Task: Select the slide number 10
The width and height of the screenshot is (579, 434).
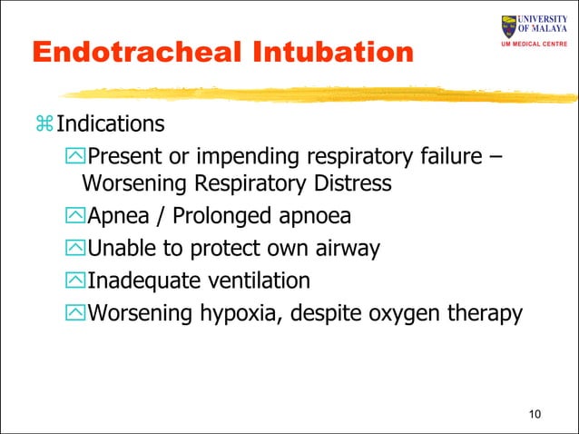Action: [x=534, y=416]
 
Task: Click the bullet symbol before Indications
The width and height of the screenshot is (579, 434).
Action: [x=43, y=123]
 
